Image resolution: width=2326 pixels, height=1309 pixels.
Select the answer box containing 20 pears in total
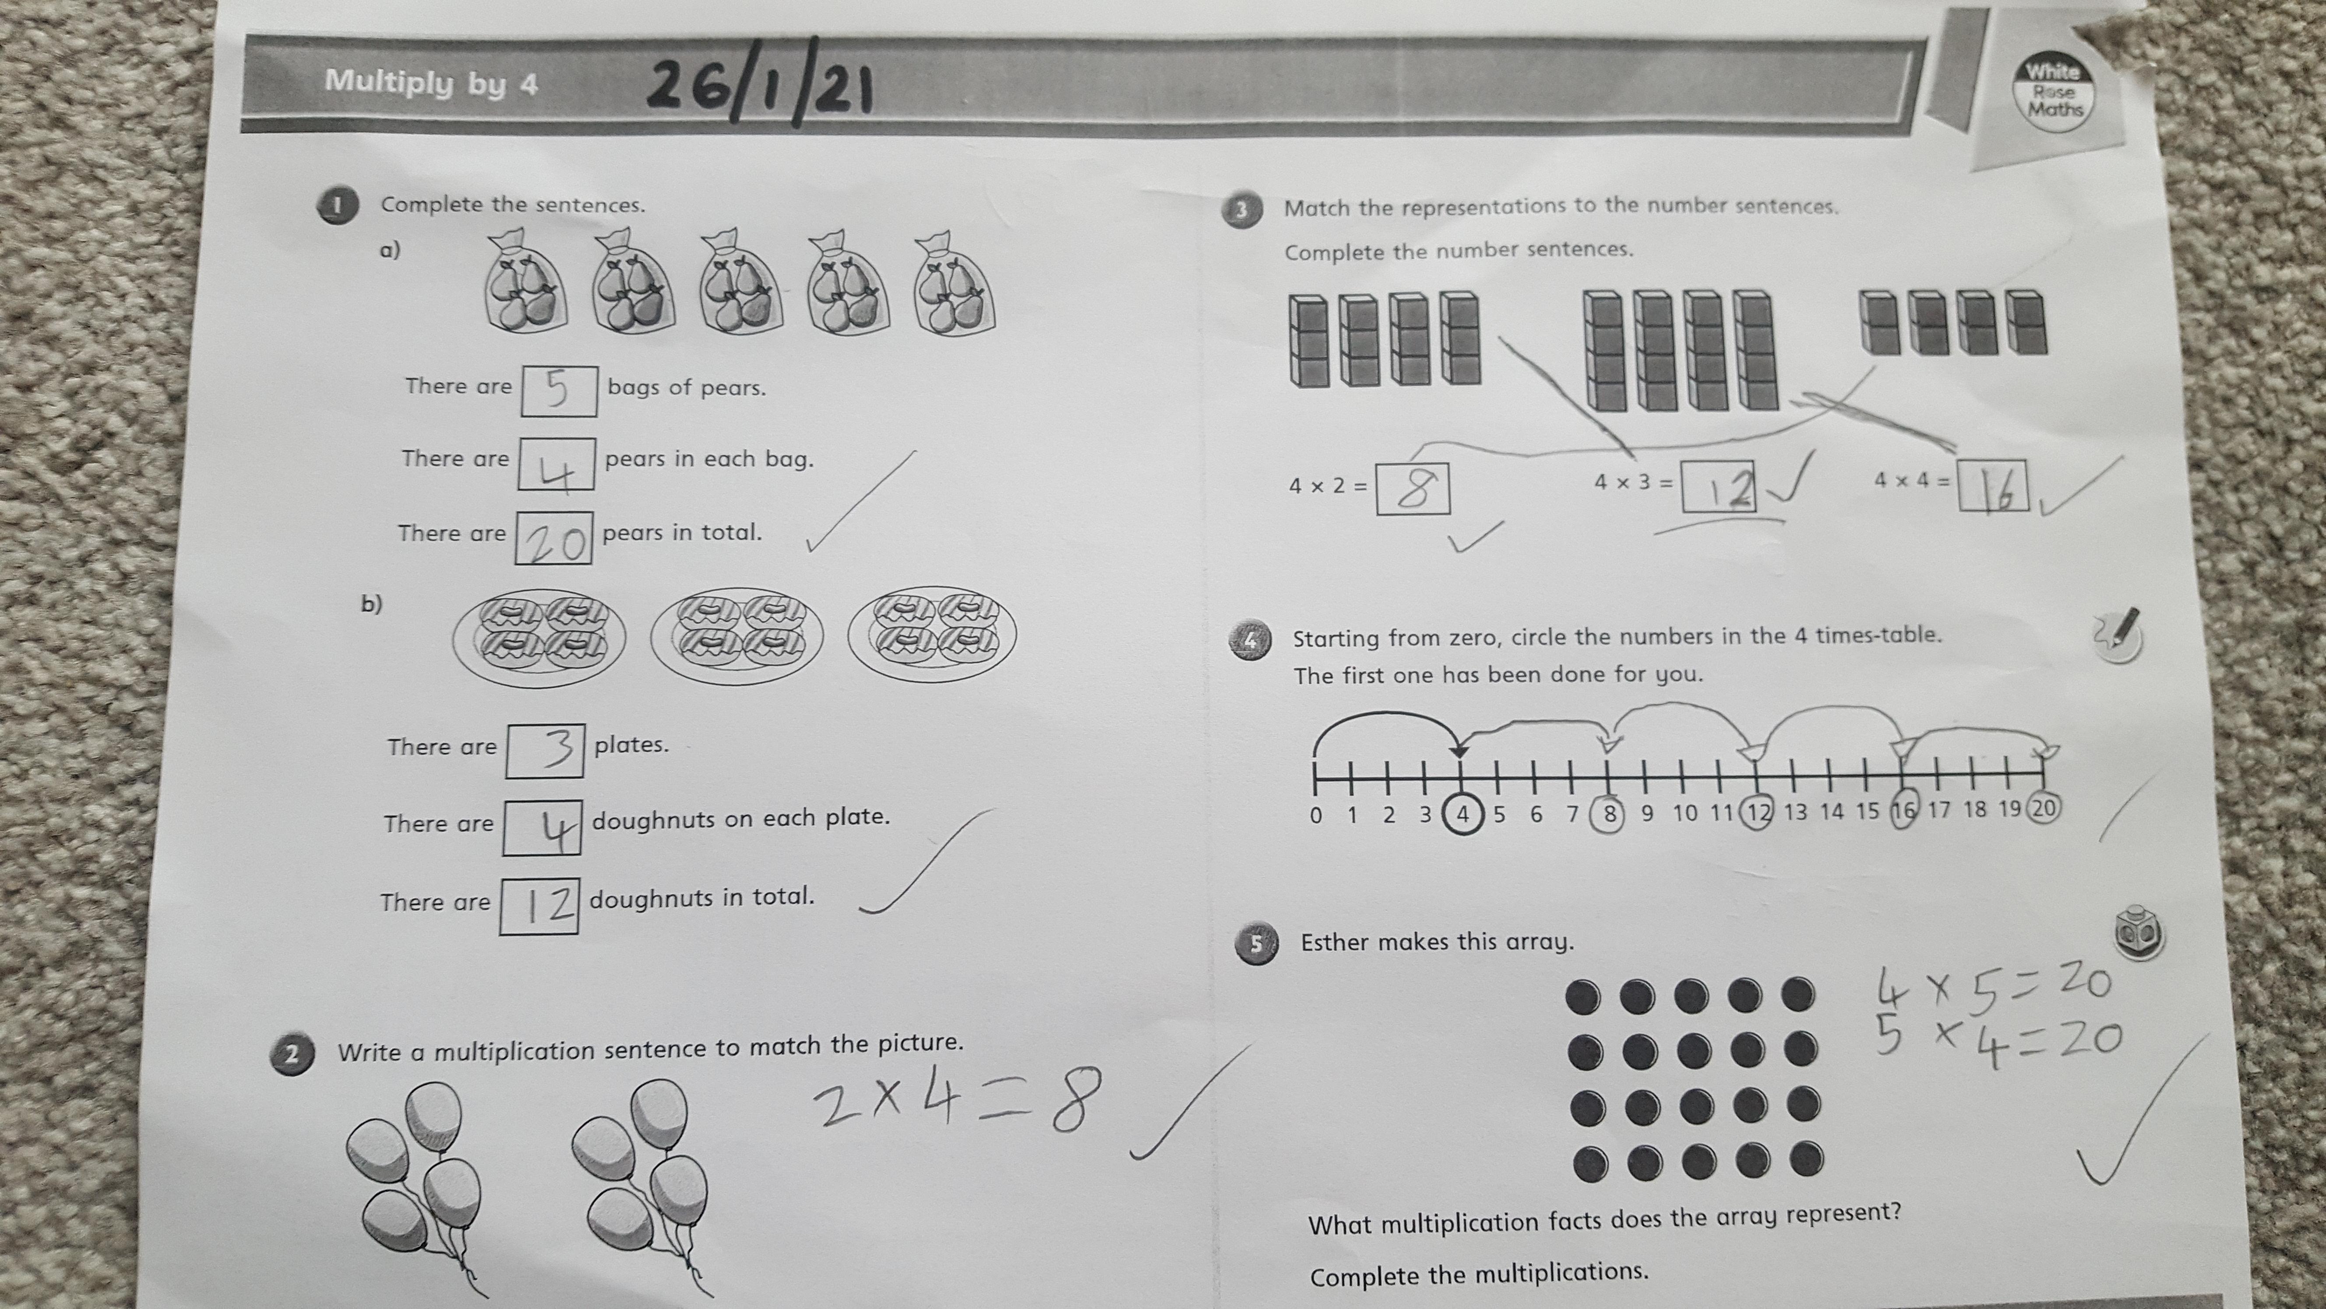[x=553, y=538]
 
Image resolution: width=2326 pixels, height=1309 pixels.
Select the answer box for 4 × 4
[x=1993, y=486]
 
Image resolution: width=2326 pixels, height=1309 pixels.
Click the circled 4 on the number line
[x=1463, y=814]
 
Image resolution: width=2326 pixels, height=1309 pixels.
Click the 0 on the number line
[x=1315, y=815]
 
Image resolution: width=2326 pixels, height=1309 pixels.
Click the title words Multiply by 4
[x=431, y=82]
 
